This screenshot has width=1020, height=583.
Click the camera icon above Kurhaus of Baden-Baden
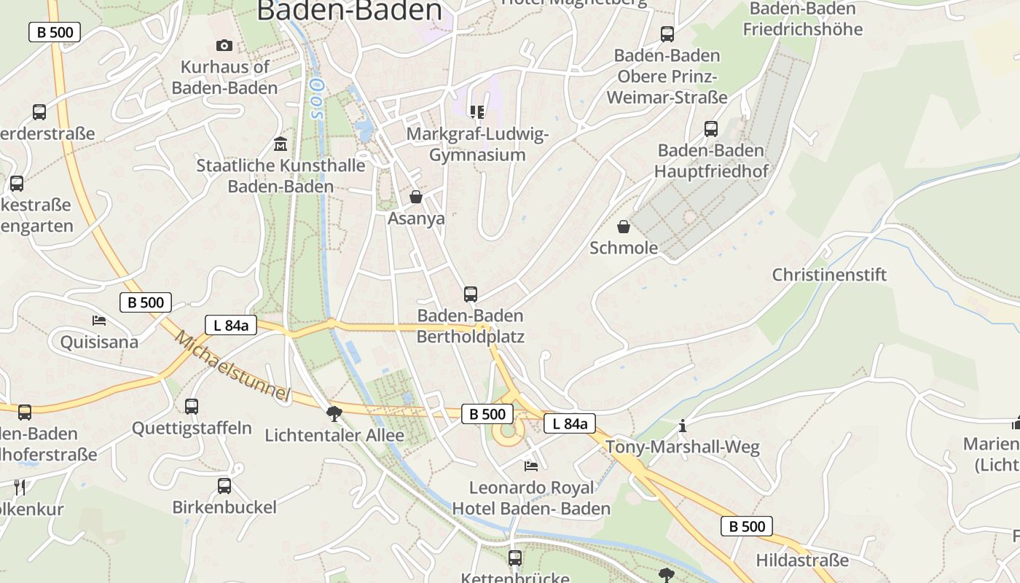point(224,45)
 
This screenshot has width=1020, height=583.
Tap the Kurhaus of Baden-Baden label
point(225,77)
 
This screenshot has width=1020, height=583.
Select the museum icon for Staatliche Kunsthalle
point(280,144)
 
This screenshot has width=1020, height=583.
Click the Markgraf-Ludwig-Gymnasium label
point(477,144)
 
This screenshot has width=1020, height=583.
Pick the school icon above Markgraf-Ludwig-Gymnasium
point(477,111)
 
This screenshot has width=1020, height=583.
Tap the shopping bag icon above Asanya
point(416,197)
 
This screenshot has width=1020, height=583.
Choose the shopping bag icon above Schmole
point(624,227)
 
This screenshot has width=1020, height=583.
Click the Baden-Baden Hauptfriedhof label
point(711,161)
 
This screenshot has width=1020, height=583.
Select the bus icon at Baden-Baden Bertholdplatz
point(471,294)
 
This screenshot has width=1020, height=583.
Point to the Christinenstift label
point(829,275)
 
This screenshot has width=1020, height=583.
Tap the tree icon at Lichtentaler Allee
point(334,415)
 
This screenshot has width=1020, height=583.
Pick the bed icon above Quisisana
point(99,321)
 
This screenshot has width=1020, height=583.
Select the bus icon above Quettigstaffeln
point(192,407)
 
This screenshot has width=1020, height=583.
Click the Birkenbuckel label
point(224,507)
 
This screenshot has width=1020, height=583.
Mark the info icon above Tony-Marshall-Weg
point(683,426)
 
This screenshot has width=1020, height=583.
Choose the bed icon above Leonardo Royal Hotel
point(531,466)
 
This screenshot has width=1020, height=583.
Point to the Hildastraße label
point(802,560)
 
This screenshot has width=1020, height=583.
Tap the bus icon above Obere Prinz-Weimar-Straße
point(667,34)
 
